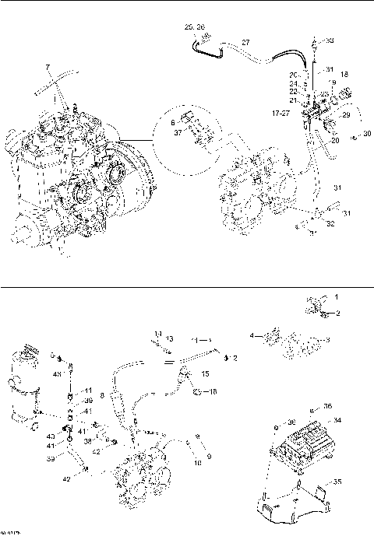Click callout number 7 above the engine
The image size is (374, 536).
tap(48, 68)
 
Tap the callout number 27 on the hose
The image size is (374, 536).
tap(245, 42)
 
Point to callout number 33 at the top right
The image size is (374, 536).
tap(330, 40)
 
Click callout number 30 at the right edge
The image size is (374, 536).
tap(366, 135)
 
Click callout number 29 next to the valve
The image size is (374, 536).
tap(348, 114)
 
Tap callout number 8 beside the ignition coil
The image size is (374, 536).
tap(101, 374)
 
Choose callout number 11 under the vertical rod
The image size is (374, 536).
tap(89, 391)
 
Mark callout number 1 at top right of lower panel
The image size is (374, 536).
tap(337, 296)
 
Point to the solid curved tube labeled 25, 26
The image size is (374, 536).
tap(205, 50)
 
